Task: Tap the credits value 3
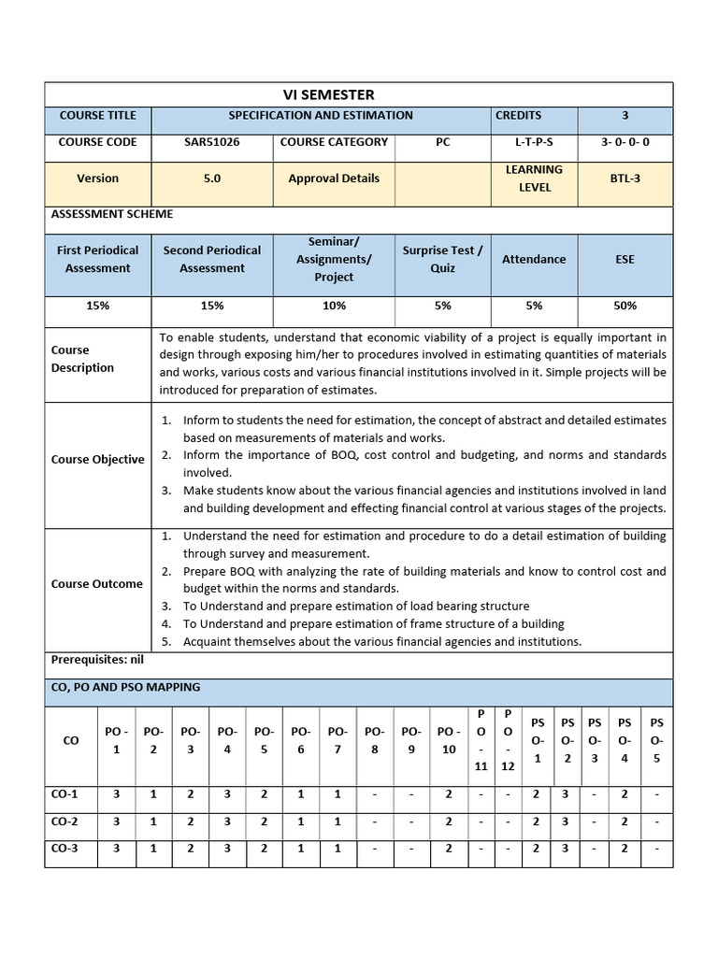(625, 115)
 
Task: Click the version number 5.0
(211, 179)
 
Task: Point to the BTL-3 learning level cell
(625, 179)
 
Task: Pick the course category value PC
(442, 142)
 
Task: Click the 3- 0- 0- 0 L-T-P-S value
(625, 142)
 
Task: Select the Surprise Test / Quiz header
(442, 259)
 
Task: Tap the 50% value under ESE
(625, 306)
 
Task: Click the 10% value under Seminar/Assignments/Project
(334, 306)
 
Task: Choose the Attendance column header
(533, 259)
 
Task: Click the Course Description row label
(82, 359)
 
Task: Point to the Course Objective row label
(97, 460)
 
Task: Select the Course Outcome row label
(96, 584)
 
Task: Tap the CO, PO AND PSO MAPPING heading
(125, 687)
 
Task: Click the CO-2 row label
(64, 821)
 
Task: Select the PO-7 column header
(337, 740)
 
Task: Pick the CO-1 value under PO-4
(227, 794)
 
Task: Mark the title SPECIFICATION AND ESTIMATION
(321, 115)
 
